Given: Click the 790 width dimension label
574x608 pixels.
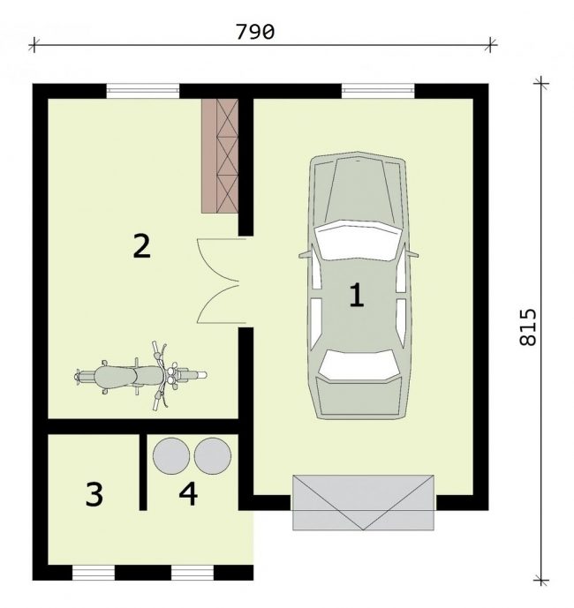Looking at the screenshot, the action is (255, 32).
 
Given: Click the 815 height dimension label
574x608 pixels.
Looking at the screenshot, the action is (528, 327).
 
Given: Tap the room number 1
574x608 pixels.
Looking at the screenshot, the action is (357, 295).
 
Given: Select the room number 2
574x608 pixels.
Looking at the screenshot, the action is (141, 245).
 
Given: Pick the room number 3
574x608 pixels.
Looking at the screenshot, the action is (94, 493).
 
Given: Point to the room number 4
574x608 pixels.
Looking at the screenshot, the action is (188, 493).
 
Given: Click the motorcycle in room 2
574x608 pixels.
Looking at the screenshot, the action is (140, 375).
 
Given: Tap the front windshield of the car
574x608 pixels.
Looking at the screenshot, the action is (357, 240).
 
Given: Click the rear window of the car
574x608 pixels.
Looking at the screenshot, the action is (358, 365).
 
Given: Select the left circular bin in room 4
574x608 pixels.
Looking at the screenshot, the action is (171, 456).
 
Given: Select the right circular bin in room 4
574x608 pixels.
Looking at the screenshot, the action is (212, 456).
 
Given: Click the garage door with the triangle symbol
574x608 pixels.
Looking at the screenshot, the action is (363, 502).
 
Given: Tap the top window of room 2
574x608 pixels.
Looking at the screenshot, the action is (143, 91).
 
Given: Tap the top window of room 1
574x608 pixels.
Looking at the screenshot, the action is (378, 91).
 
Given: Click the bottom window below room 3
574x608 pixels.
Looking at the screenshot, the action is (94, 573).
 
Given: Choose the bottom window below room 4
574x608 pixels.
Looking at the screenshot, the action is (193, 573).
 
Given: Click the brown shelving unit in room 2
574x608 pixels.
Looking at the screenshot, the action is (220, 155).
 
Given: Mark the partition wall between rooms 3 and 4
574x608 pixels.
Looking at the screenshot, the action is (143, 471).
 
